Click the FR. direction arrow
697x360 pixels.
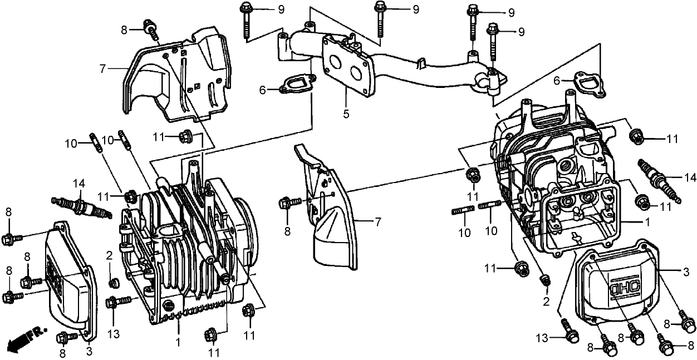pyautogui.click(x=25, y=336)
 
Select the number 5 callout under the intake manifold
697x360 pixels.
pyautogui.click(x=346, y=115)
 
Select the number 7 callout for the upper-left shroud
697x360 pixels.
pyautogui.click(x=102, y=69)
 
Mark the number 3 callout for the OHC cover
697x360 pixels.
pyautogui.click(x=686, y=272)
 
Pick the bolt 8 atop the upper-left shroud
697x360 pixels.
pyautogui.click(x=149, y=27)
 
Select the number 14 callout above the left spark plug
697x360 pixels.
pyautogui.click(x=78, y=183)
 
